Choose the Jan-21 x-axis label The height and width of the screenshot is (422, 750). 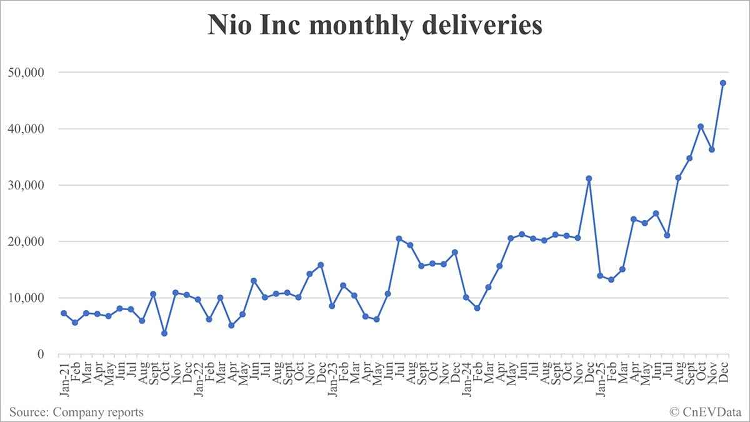point(64,377)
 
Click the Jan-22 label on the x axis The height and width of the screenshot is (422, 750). point(198,377)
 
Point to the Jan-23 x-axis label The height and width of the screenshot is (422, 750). point(332,377)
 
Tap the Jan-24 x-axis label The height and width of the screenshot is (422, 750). point(466,377)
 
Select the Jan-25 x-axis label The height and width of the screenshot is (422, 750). point(600,377)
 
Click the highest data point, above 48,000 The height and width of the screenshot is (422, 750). point(723,83)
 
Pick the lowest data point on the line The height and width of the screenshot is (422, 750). point(164,333)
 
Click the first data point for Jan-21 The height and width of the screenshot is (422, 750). point(64,313)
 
